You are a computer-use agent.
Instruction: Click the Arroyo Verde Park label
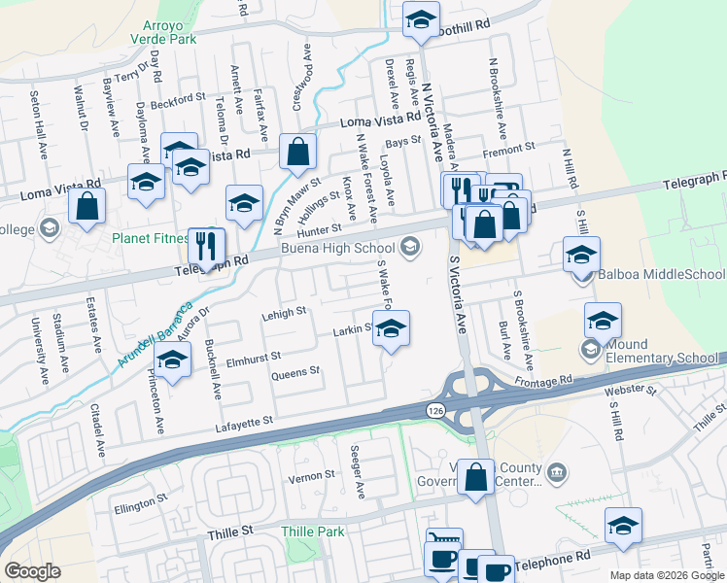tap(163, 31)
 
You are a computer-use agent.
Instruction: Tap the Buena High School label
tap(337, 248)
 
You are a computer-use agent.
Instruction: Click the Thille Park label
tap(313, 532)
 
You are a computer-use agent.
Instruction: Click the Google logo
tap(32, 571)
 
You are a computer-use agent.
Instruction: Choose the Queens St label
tap(295, 372)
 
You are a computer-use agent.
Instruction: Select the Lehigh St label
tap(283, 313)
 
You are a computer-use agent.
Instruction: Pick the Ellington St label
tap(133, 505)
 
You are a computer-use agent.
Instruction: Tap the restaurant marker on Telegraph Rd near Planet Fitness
tap(207, 245)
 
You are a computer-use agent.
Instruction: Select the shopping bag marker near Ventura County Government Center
tap(475, 477)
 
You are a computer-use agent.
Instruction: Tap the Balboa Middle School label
tap(654, 275)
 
